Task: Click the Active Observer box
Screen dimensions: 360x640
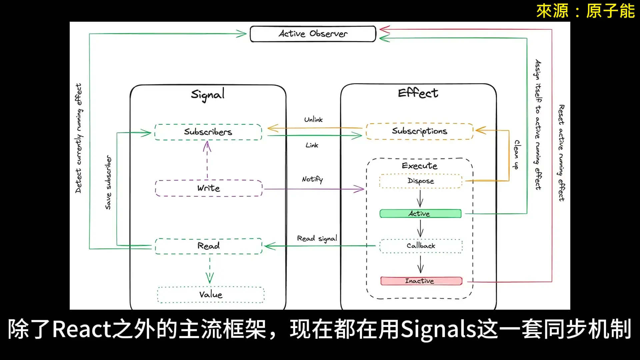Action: pos(313,34)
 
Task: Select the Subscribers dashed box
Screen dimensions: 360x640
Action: pos(208,132)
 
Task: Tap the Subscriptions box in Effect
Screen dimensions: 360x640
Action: pos(419,131)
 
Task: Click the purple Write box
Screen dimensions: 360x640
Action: pos(209,188)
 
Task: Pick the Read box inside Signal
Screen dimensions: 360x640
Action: pos(209,246)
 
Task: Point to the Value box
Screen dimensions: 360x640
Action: pos(211,295)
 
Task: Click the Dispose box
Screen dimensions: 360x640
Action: pos(421,181)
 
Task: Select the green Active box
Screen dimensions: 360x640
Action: pos(420,214)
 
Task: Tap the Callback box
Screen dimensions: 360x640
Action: pos(421,246)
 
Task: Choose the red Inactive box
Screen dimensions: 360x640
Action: pos(421,281)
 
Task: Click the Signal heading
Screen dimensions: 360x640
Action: pos(208,95)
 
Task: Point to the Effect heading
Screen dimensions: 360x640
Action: pos(418,93)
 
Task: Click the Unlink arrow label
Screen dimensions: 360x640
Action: pos(313,120)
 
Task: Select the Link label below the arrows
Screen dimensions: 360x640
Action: pos(312,145)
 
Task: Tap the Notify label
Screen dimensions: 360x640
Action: pos(312,179)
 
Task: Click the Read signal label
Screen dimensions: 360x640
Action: pos(317,239)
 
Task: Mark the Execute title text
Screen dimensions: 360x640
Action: pos(419,166)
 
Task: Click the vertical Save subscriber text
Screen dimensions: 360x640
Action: pos(108,182)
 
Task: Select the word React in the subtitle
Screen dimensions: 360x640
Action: pos(82,329)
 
